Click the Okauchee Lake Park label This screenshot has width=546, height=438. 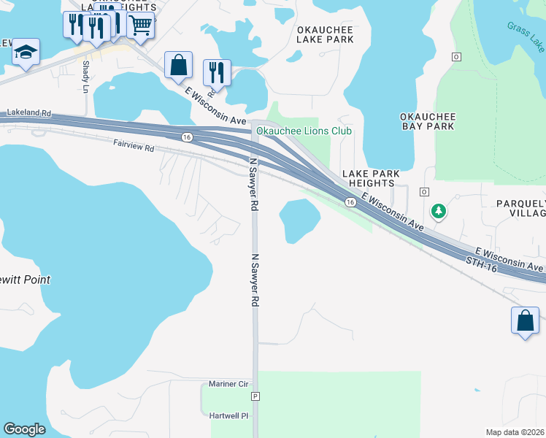click(x=325, y=34)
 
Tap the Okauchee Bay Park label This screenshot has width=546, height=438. click(x=428, y=121)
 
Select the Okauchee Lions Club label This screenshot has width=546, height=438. click(x=304, y=131)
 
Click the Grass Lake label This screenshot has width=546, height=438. click(x=526, y=36)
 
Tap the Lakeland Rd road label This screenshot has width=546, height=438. click(x=29, y=114)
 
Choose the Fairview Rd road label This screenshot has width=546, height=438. click(x=134, y=147)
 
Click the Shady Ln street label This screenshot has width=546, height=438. click(x=86, y=76)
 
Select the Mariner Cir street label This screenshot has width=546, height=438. click(x=228, y=384)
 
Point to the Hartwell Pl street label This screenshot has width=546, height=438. click(x=229, y=415)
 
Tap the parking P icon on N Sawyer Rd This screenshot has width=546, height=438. click(x=255, y=396)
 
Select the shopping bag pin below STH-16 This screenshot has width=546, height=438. click(x=525, y=320)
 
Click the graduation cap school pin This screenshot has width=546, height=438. click(x=26, y=52)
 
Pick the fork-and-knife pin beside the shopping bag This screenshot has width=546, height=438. click(x=217, y=72)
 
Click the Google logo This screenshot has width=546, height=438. click(x=24, y=429)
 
